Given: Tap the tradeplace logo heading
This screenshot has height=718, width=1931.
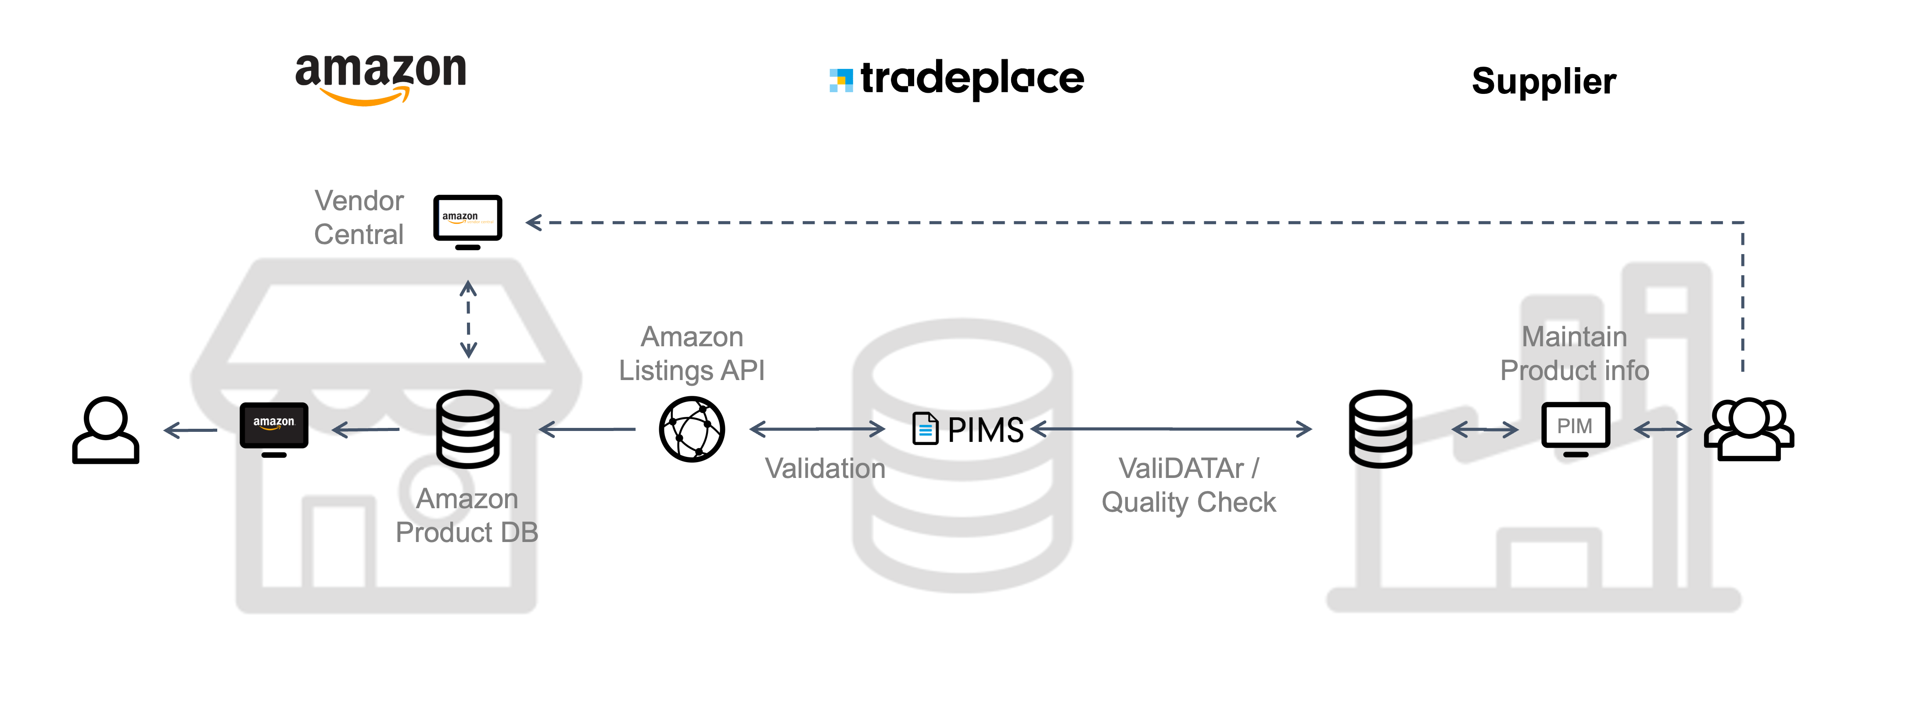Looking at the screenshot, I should [957, 79].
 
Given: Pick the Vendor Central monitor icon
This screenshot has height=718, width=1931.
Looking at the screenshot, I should [468, 221].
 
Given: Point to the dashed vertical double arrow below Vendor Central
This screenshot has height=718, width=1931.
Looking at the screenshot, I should [469, 319].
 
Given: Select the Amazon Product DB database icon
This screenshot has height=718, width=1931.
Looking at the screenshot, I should [468, 429].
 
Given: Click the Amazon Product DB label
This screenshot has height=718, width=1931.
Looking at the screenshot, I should [467, 516].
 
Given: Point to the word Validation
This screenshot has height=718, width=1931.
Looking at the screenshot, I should [825, 468].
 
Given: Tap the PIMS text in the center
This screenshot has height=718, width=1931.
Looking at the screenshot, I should [985, 430].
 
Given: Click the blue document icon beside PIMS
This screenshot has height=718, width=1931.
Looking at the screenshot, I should [925, 429].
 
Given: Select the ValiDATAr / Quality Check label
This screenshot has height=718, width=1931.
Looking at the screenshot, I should [1188, 485].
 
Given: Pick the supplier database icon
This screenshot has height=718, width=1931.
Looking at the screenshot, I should [1380, 429].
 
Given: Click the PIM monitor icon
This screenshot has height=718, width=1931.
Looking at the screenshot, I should [1575, 429].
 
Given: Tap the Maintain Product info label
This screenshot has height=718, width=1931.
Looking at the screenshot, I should [1574, 354].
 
